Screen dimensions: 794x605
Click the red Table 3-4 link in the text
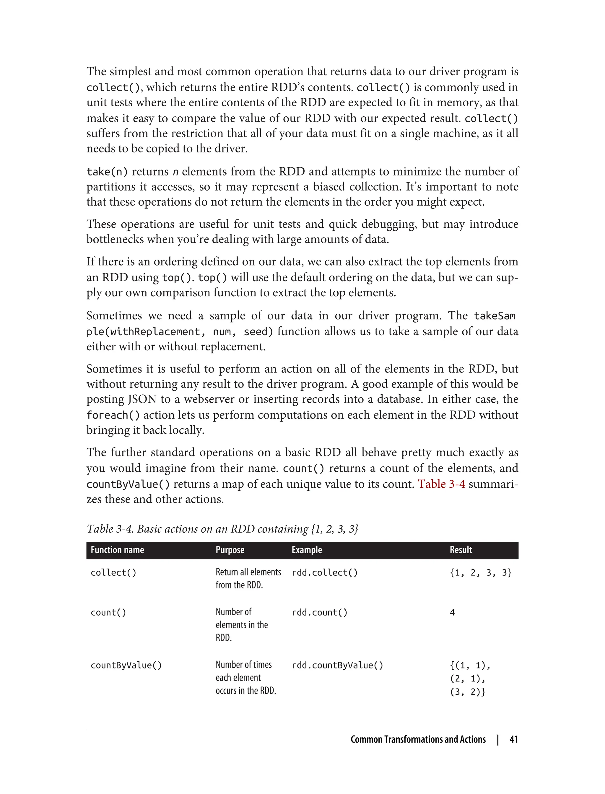(441, 484)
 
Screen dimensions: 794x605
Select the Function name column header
(117, 550)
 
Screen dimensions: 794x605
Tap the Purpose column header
(230, 550)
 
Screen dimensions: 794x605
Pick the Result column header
(460, 550)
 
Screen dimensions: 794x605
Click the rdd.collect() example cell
(324, 572)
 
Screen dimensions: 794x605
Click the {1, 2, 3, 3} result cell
(480, 572)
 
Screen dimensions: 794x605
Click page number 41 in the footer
(513, 739)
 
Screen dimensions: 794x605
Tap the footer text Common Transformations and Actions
(418, 739)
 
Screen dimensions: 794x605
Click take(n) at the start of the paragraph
(107, 172)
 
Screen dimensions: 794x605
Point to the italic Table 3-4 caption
(222, 529)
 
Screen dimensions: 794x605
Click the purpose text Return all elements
(248, 572)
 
